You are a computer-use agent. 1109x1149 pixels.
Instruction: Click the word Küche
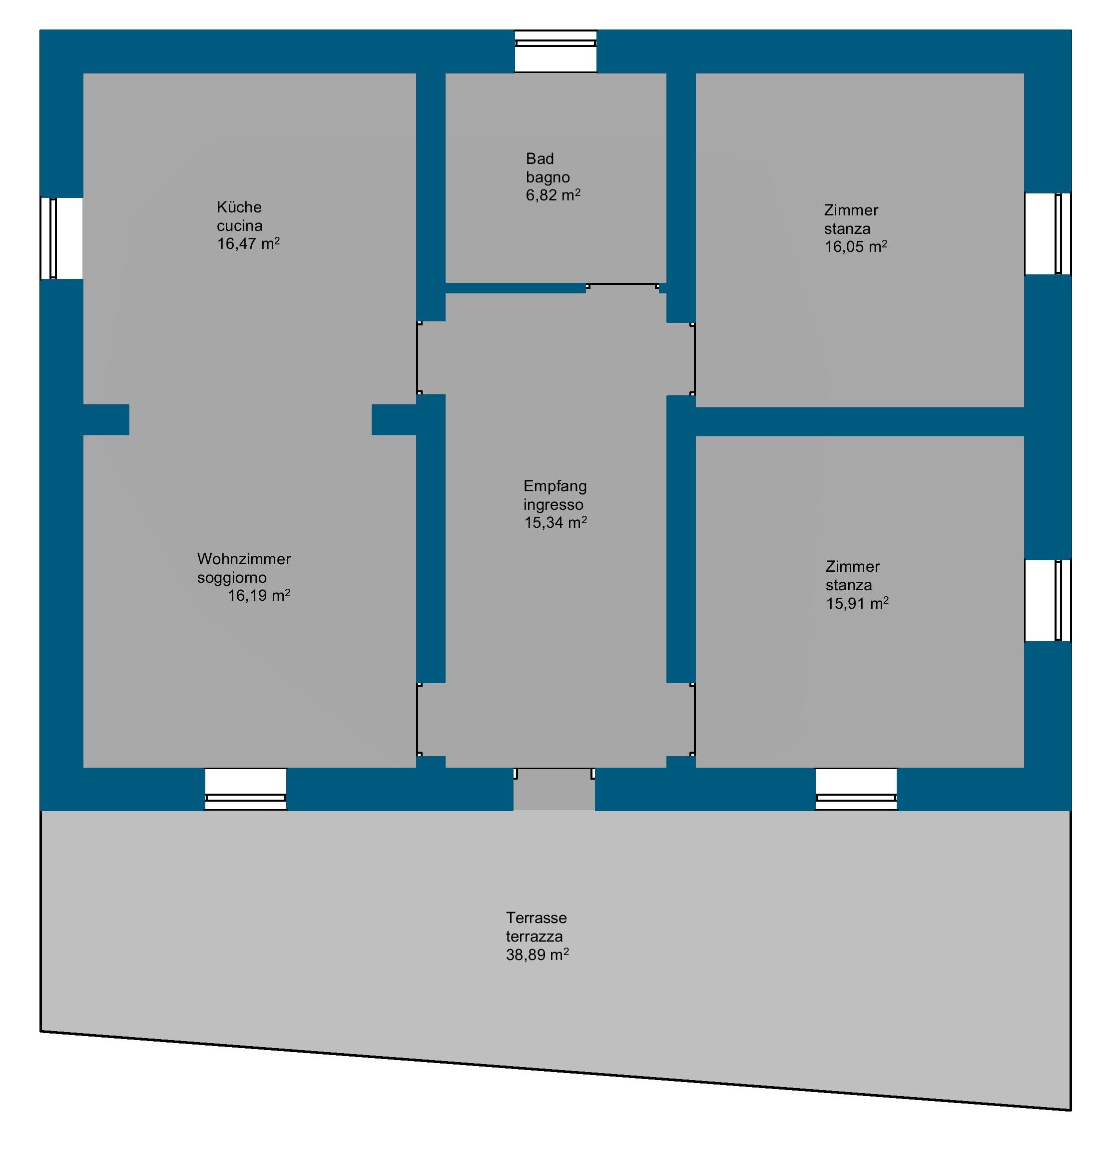point(239,207)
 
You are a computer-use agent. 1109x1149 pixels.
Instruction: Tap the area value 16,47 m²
point(248,243)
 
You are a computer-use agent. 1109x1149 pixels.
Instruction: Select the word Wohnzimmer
point(244,559)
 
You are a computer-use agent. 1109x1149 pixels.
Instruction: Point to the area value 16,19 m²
point(259,596)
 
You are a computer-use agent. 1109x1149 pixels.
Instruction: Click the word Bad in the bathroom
point(540,158)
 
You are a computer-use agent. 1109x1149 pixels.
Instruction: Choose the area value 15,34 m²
point(555,522)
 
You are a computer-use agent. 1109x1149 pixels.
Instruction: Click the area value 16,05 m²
point(856,246)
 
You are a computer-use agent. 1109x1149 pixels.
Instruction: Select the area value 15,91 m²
point(857,603)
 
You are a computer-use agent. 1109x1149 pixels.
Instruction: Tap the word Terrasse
point(536,918)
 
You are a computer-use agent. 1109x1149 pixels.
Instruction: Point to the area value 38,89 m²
point(537,955)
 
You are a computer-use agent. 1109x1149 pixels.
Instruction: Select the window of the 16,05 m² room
point(1048,233)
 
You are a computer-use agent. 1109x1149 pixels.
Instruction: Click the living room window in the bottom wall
point(245,790)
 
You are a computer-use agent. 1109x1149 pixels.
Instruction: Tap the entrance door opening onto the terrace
point(554,789)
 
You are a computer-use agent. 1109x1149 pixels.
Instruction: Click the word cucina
point(240,226)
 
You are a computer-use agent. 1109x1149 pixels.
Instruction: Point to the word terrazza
point(535,936)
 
